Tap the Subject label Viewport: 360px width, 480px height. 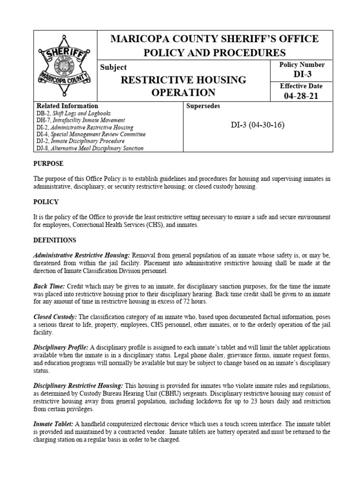(113, 67)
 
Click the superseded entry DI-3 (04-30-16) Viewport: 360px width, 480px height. (258, 125)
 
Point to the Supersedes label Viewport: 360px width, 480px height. (203, 106)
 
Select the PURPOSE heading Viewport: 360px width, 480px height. (48, 164)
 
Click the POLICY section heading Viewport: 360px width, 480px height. (46, 202)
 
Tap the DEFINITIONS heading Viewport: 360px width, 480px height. (55, 240)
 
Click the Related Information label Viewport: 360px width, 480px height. (67, 106)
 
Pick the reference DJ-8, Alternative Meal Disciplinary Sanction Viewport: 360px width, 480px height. (90, 148)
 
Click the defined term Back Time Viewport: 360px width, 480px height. (49, 286)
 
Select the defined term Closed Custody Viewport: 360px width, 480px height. (54, 317)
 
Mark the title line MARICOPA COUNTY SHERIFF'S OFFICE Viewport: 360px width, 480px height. (214, 39)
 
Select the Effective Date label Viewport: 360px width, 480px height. (301, 86)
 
